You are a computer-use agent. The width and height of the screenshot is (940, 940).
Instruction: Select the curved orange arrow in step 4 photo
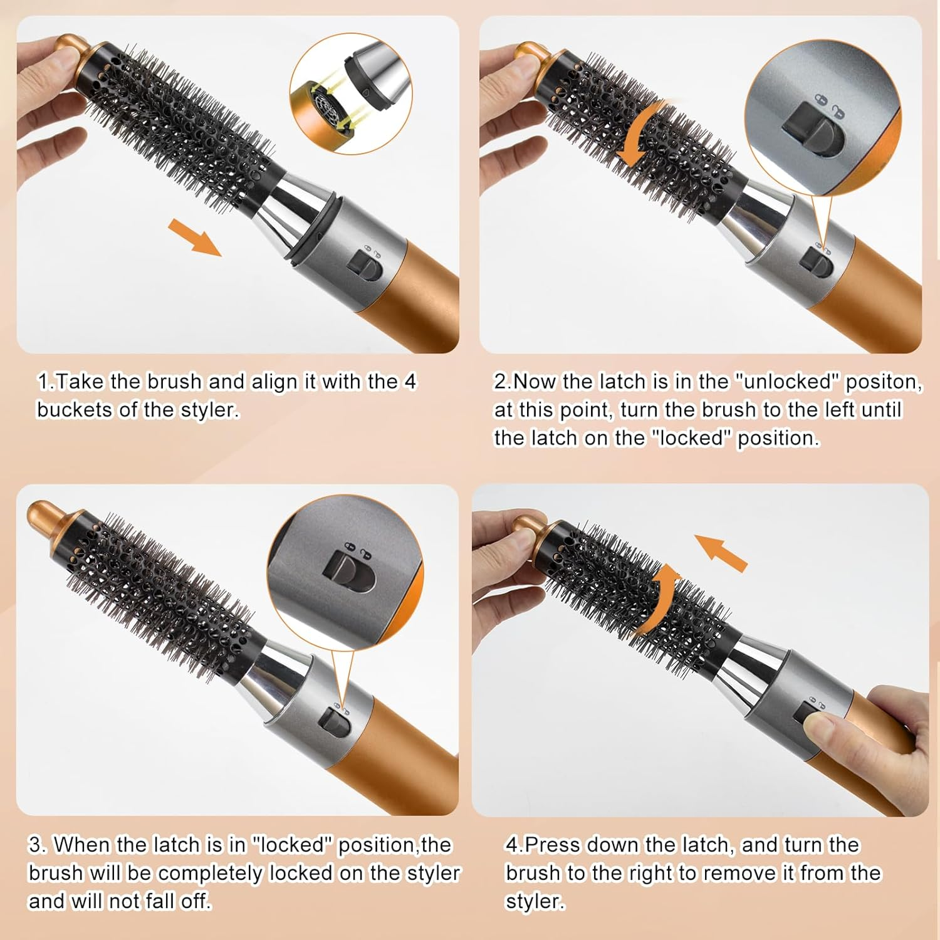[657, 598]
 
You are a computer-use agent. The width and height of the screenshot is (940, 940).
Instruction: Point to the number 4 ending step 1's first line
[410, 382]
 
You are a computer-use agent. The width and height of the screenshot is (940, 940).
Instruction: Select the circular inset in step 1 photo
[350, 94]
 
